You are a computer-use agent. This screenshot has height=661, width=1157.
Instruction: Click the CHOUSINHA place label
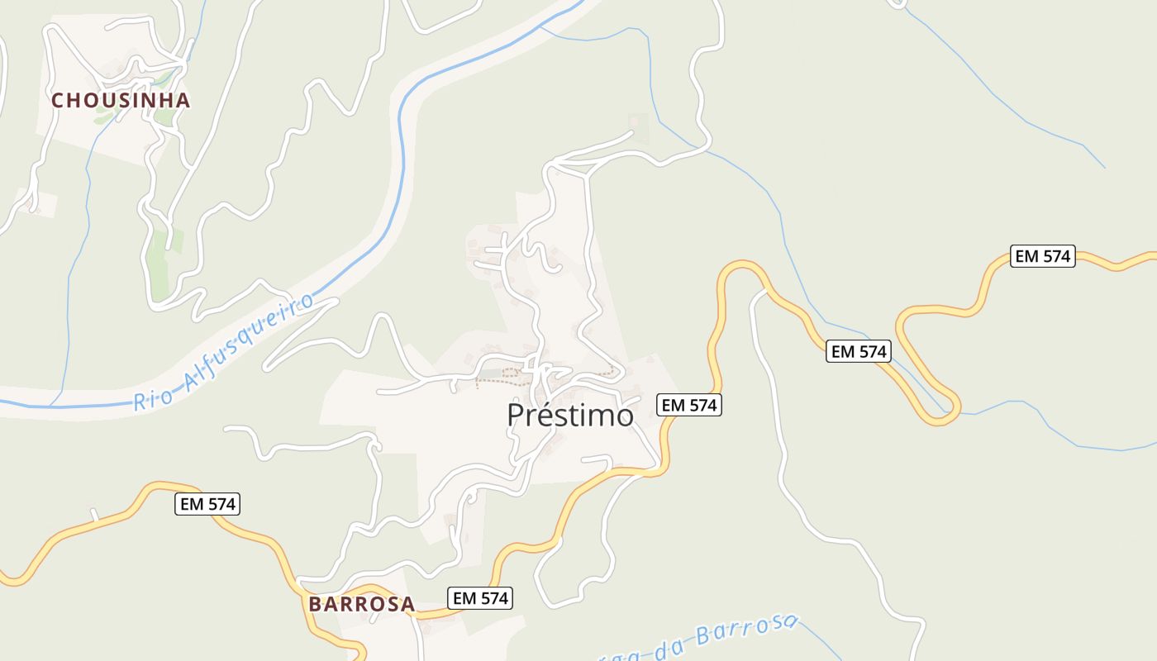coord(121,101)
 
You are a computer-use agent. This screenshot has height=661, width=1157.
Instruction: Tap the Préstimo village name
coord(570,415)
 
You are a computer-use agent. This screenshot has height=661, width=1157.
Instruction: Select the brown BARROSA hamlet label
coord(361,604)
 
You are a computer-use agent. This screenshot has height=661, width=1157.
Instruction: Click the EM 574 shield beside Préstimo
coord(689,405)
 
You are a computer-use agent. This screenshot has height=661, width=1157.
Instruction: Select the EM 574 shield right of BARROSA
coord(480,598)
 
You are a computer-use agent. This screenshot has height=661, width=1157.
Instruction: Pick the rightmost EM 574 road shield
coord(1042,256)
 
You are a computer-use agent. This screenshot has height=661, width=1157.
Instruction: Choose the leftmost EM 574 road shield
coord(207,503)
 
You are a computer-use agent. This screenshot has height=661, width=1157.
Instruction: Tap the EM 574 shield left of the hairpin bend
coord(858,352)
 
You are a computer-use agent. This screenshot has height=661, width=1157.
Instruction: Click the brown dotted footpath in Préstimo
coord(504,381)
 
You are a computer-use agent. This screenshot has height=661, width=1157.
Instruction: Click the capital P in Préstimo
coord(516,415)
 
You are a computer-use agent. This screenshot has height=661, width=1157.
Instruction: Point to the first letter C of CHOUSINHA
coord(58,101)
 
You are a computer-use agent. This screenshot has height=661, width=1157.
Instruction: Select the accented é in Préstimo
coord(549,415)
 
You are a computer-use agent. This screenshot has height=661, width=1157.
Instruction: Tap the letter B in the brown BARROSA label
coord(315,604)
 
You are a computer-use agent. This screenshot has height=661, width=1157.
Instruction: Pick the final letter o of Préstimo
coord(624,416)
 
